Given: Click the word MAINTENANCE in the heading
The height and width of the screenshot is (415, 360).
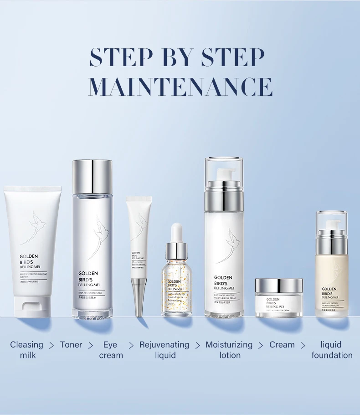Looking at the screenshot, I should (180, 86).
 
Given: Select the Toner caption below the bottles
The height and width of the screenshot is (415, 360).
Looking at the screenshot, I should (71, 345).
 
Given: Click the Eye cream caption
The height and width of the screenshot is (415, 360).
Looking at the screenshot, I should (111, 350).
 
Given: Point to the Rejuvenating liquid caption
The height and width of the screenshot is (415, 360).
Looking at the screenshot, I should (164, 350).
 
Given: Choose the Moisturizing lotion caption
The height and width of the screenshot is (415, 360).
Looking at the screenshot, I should (229, 350).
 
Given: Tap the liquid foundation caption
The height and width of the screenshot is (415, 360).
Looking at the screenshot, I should (332, 350).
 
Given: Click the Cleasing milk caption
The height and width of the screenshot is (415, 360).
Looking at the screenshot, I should (27, 350).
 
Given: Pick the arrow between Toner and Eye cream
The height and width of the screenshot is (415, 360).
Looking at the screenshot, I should (91, 345).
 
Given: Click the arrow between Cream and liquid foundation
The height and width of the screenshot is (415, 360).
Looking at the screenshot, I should (303, 345).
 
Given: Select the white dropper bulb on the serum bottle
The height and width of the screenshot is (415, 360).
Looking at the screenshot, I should (176, 232).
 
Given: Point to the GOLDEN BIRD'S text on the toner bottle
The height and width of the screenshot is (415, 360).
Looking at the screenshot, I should (88, 276).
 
